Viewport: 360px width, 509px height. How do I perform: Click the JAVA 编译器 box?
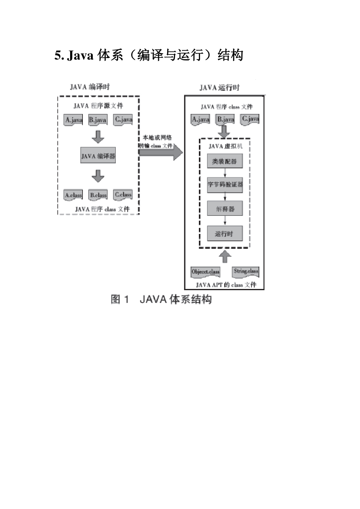98,155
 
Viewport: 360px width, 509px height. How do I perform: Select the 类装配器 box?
225,161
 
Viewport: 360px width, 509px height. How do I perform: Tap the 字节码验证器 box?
225,185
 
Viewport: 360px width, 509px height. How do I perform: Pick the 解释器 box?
225,209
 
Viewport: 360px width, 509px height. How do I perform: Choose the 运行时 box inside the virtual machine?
225,233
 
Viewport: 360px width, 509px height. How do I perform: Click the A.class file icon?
73,195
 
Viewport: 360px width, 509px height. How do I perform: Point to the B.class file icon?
98,195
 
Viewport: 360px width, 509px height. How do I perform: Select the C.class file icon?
123,195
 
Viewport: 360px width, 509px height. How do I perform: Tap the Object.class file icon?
205,272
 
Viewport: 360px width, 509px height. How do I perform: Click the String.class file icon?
246,271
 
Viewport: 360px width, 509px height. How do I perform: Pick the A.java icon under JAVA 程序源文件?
73,120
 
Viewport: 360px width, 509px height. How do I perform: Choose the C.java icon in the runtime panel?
250,119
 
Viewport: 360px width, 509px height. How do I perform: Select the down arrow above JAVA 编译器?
98,137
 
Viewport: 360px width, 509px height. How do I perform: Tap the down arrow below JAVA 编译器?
98,176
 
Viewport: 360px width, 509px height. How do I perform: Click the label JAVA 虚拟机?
225,146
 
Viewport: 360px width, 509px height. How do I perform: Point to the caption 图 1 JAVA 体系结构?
161,299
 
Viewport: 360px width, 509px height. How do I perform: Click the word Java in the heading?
80,56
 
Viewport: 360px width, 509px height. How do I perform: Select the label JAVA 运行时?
219,88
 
